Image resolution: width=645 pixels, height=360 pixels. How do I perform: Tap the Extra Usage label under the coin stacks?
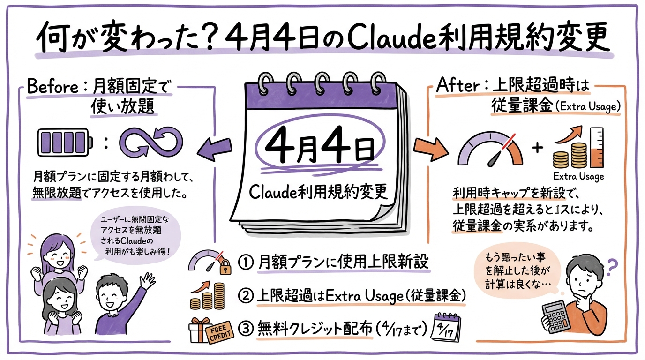point(578,176)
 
